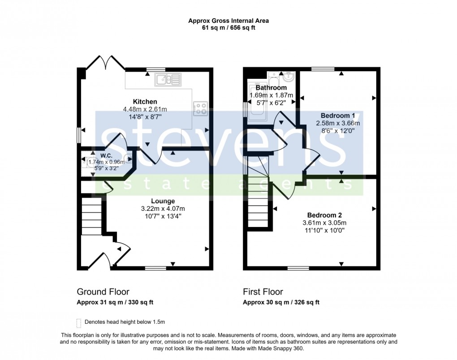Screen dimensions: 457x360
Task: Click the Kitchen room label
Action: tap(145, 102)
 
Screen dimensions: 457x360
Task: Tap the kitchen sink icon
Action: tap(168, 80)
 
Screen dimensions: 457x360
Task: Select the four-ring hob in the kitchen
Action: tap(201, 108)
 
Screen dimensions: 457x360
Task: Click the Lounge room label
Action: tap(163, 201)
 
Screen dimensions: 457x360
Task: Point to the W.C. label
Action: tap(106, 155)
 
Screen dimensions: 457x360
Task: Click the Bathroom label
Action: tap(271, 88)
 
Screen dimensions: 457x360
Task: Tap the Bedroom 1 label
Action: tap(338, 116)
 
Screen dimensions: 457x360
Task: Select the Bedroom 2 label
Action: tap(324, 215)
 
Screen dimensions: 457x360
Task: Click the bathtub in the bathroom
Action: tap(257, 102)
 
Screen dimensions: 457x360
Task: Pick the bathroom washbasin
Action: tap(289, 77)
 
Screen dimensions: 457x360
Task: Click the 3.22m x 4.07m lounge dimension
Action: tap(163, 209)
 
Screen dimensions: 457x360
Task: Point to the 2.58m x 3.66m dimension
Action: tap(338, 123)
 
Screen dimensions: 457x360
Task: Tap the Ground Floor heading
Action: tap(103, 291)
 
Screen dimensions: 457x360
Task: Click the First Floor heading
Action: tap(263, 291)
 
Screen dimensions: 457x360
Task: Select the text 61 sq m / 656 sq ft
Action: tap(228, 28)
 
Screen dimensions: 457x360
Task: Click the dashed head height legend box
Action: tap(79, 323)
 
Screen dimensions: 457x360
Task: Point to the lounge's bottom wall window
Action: tap(155, 268)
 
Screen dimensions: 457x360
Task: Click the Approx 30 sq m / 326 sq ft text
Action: tap(281, 302)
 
